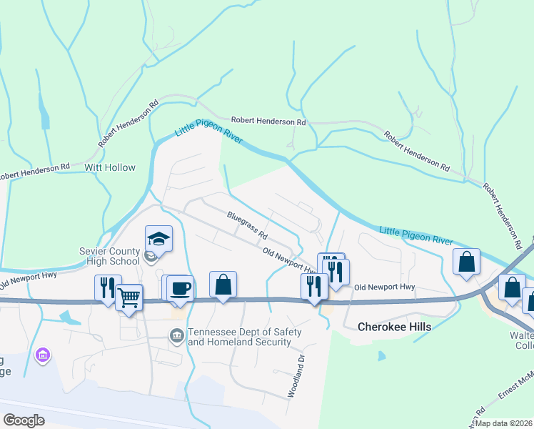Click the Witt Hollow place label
[x=110, y=167]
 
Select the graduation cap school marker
[x=159, y=239]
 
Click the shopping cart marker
[x=129, y=297]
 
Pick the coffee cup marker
[x=180, y=288]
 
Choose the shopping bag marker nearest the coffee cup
[x=223, y=285]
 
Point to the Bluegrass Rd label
[x=247, y=225]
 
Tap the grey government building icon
[x=176, y=335]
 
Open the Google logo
[x=24, y=420]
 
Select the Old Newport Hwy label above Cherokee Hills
[x=385, y=287]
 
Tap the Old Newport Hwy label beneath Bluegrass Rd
[x=290, y=261]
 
